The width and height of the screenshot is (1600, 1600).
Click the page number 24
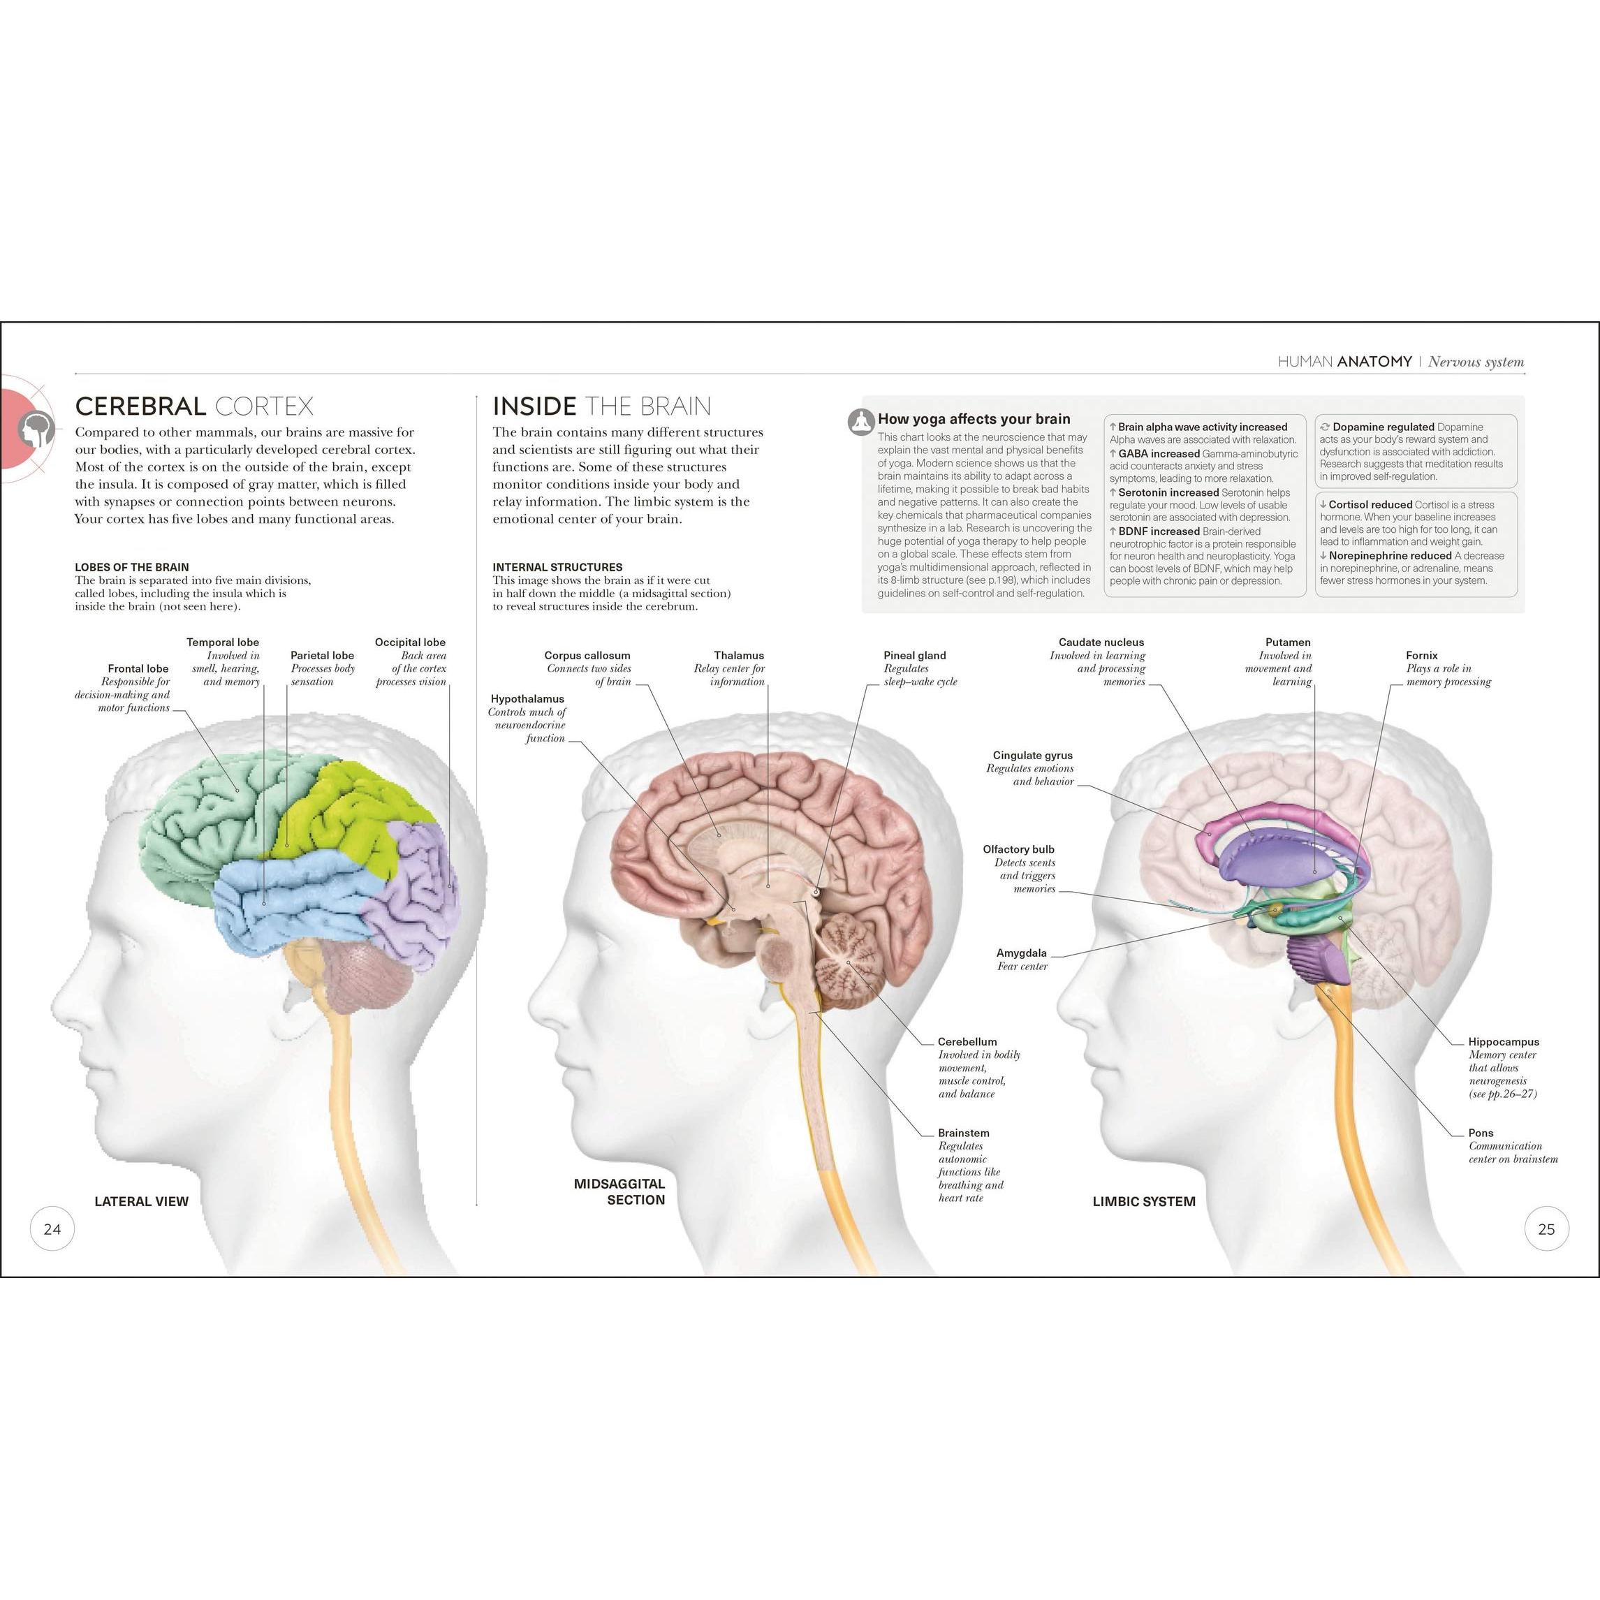(x=52, y=1229)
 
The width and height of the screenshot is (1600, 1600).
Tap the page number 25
(x=1546, y=1229)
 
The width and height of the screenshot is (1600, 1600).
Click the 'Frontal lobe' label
(x=138, y=668)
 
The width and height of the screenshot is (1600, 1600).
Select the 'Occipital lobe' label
(x=410, y=642)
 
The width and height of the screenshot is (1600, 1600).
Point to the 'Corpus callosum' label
(x=587, y=655)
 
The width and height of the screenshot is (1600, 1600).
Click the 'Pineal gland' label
(x=914, y=655)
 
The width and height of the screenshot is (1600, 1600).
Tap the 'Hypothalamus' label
(x=527, y=699)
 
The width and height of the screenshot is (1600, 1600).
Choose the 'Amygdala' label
(x=1021, y=953)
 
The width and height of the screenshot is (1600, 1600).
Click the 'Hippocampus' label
(x=1504, y=1042)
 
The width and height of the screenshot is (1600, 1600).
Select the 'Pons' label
(x=1481, y=1133)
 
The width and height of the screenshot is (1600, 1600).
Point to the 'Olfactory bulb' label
(x=1019, y=849)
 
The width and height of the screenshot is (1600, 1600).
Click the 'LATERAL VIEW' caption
(x=142, y=1201)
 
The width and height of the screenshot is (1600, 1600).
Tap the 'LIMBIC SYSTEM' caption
(x=1144, y=1201)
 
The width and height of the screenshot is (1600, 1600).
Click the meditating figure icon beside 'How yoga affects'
(x=862, y=422)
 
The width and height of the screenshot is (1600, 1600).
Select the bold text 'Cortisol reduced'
(x=1371, y=504)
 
